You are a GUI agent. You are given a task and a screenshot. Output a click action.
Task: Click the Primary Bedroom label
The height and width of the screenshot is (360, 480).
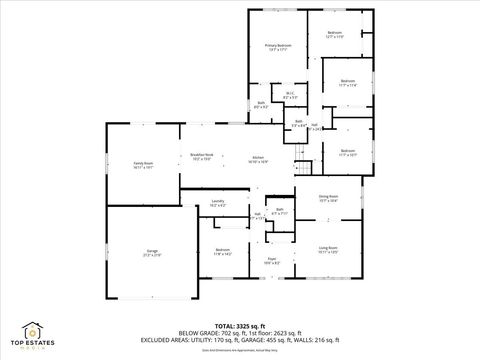click(278, 46)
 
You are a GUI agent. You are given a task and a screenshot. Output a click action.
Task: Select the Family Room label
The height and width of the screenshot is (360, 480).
click(144, 164)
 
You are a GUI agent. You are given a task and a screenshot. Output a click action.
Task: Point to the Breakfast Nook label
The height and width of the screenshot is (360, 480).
click(202, 156)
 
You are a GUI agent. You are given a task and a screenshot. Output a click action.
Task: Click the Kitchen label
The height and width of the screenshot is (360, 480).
click(257, 159)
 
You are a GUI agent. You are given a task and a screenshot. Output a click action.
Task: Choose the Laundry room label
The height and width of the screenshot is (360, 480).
click(217, 203)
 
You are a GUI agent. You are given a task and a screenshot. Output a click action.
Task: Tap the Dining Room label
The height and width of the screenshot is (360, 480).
click(328, 198)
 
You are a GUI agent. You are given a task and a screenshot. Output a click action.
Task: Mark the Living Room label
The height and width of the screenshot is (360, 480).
click(328, 249)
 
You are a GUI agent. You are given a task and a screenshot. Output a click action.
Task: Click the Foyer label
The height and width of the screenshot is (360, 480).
click(271, 260)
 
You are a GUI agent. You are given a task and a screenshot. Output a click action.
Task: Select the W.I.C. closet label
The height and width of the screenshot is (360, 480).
click(289, 95)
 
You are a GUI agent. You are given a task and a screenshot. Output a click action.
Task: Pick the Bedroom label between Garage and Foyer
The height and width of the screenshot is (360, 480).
click(222, 251)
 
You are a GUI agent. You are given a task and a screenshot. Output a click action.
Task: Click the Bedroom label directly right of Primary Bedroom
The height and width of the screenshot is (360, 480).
click(335, 34)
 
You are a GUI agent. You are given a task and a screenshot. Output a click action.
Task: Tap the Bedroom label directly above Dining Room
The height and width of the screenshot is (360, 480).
click(347, 152)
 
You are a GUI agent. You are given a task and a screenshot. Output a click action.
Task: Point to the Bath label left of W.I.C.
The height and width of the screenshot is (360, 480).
click(261, 104)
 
